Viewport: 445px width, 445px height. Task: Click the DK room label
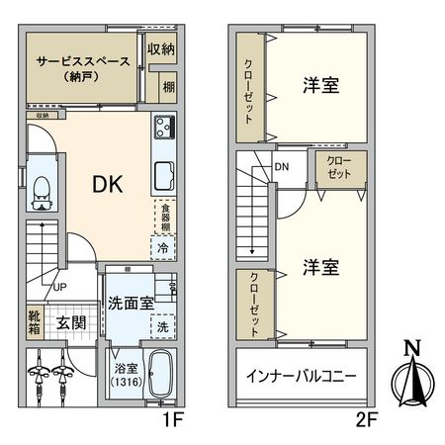[x=109, y=185]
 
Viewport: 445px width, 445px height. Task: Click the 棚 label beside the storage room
[x=168, y=88]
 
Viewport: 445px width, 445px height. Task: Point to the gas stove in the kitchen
[x=163, y=128]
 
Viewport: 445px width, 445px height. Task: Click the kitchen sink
[x=163, y=178]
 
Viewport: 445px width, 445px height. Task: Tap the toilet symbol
[x=43, y=193]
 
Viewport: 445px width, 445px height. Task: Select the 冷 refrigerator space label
[x=162, y=248]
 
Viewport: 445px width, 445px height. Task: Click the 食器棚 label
[x=166, y=218]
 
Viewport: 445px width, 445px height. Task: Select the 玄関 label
[x=70, y=322]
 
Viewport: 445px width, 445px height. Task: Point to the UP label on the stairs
[x=59, y=287]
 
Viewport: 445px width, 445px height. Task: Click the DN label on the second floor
[x=283, y=167]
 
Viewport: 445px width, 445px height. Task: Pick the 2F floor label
[x=368, y=419]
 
